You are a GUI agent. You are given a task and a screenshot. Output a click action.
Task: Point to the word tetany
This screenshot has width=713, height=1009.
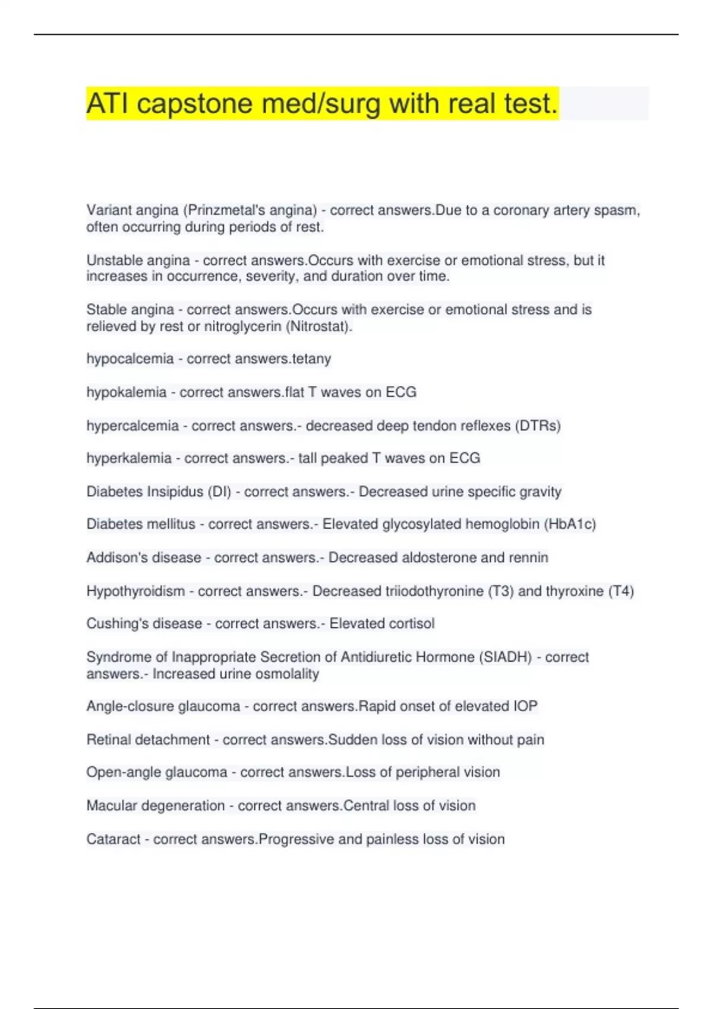pyautogui.click(x=311, y=359)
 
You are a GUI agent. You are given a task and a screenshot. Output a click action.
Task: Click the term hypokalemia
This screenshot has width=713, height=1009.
pyautogui.click(x=126, y=392)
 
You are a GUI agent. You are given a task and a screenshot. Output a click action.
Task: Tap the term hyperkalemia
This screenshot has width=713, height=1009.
pyautogui.click(x=129, y=458)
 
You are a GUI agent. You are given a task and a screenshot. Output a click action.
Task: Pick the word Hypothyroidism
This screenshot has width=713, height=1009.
pyautogui.click(x=135, y=591)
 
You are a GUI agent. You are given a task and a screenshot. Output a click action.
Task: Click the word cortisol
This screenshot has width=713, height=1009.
pyautogui.click(x=411, y=624)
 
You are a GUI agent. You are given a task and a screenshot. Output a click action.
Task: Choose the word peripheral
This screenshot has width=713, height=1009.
pyautogui.click(x=426, y=772)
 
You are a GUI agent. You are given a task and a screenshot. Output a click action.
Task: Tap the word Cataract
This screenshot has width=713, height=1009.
pyautogui.click(x=113, y=839)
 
